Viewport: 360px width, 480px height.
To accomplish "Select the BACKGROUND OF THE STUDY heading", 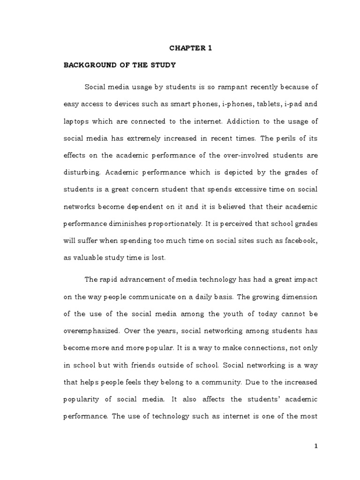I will [120, 65].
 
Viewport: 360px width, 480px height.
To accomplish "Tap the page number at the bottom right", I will [316, 446].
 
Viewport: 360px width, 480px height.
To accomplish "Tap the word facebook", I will [301, 240].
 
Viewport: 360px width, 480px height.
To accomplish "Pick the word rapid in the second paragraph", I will [109, 279].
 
